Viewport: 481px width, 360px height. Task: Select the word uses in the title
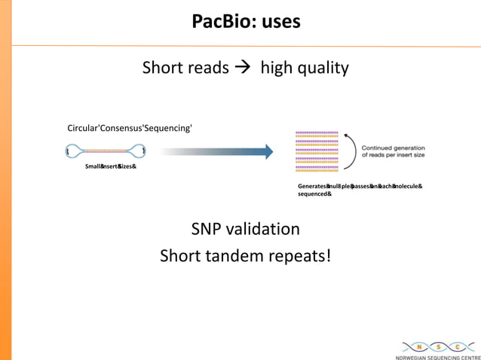coord(280,22)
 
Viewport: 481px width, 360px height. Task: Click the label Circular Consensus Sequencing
coord(130,128)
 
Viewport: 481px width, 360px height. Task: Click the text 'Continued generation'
coord(394,147)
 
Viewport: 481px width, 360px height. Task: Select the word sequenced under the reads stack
coord(314,194)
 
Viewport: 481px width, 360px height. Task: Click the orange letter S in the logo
coord(437,346)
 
